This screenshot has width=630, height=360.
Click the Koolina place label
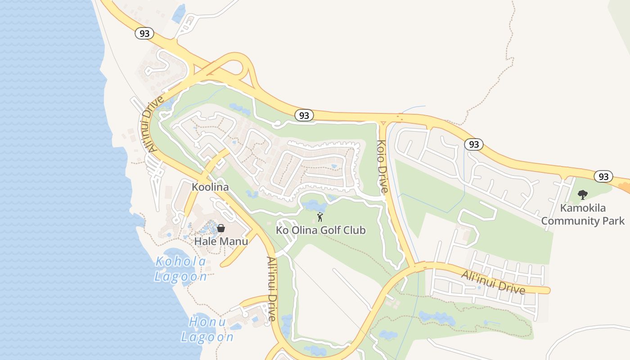(x=210, y=187)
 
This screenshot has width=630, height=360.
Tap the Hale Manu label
(x=221, y=242)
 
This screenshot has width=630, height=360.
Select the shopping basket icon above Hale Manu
(x=221, y=228)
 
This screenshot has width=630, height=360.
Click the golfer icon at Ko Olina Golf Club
(x=320, y=217)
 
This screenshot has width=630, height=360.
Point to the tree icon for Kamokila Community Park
(x=583, y=195)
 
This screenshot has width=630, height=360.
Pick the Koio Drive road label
(x=382, y=166)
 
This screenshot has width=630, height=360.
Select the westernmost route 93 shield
(x=144, y=33)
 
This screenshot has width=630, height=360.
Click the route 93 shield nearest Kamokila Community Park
(x=603, y=176)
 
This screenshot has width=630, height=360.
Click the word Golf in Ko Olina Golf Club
(x=331, y=230)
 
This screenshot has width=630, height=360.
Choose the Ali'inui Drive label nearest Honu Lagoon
(x=271, y=288)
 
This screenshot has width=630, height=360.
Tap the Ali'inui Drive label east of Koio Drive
(x=494, y=282)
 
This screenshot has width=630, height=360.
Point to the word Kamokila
(x=583, y=208)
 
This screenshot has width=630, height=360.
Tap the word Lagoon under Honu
(x=207, y=337)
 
